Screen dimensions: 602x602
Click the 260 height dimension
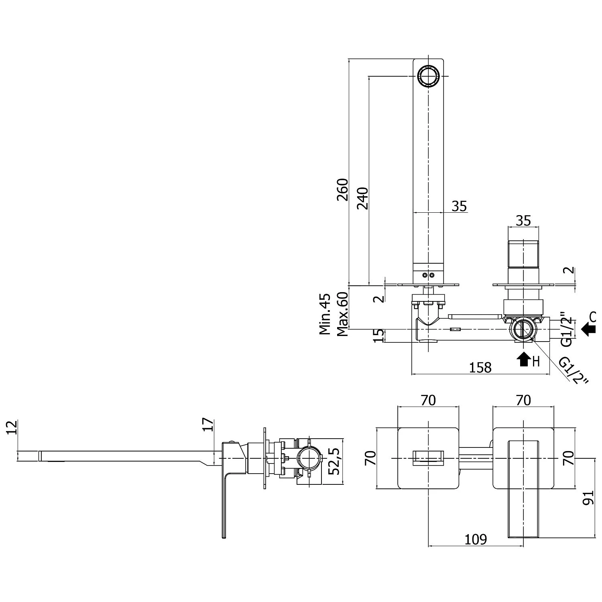click(342, 189)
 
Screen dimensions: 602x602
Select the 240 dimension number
click(362, 198)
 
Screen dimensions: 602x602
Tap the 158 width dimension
click(480, 367)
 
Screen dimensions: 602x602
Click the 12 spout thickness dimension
click(12, 428)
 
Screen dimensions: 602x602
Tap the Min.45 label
click(325, 314)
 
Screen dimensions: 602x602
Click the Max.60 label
click(342, 314)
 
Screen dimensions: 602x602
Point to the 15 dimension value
click(378, 336)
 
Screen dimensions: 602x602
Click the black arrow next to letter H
click(523, 360)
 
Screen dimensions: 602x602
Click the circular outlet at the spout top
click(428, 76)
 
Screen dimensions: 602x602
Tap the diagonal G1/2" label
click(573, 370)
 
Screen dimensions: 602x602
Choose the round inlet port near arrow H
click(522, 329)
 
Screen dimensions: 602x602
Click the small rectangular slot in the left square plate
click(428, 458)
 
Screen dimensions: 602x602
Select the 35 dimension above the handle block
click(523, 220)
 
